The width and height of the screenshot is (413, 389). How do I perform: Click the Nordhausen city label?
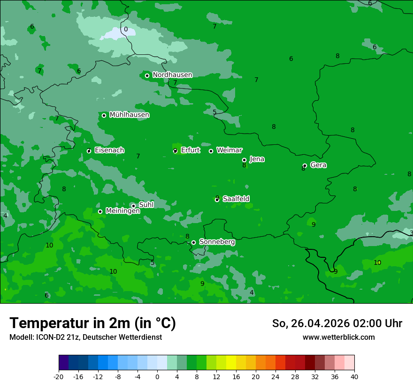pos(172,75)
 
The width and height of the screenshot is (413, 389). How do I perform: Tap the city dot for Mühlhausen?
pos(104,115)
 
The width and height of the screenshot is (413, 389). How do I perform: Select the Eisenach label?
pos(109,150)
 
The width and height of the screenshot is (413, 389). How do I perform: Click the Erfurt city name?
pos(190,150)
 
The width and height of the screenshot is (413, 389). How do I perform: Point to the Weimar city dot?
pos(211,151)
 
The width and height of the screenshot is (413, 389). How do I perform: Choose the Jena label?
pos(257,159)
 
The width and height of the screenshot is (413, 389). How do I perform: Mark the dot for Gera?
pos(305,165)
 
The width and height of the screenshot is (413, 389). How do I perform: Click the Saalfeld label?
pos(236,199)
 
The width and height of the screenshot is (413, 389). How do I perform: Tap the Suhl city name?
pos(146,205)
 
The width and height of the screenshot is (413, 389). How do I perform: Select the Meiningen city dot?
pos(100,211)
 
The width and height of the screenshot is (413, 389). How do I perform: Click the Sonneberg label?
pos(217,242)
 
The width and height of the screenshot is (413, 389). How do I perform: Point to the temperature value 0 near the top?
pos(126,30)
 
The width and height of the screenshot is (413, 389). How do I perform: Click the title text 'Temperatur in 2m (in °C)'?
pos(92,323)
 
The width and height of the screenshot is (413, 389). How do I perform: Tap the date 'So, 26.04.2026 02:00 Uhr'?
pos(337,323)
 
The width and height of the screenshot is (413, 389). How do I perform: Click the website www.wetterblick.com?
pos(338,337)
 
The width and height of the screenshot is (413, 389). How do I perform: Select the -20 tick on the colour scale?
pos(59,377)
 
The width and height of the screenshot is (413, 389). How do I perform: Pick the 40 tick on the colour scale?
pos(354,377)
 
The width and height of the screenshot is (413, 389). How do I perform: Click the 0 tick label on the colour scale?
pos(157,377)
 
